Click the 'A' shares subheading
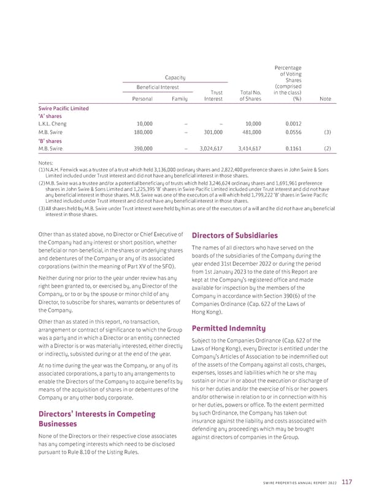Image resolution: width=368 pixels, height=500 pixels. point(51,116)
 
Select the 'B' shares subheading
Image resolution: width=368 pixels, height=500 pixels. point(51,140)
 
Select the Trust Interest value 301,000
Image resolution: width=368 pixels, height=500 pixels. point(212,132)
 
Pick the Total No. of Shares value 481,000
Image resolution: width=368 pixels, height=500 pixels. point(250,132)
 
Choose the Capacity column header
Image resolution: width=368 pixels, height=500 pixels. point(175,77)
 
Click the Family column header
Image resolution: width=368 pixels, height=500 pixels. point(180,98)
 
